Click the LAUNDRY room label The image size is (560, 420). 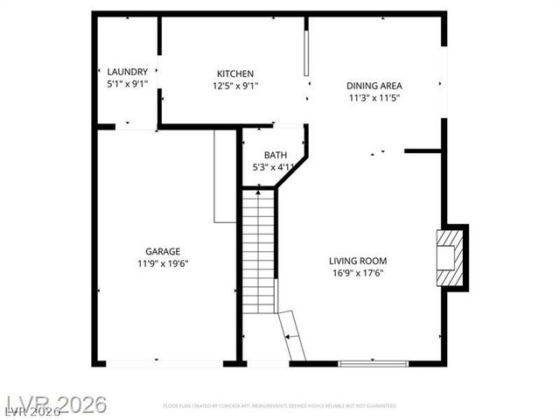[127, 72]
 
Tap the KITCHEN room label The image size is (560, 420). [235, 73]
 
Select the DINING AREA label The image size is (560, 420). [374, 86]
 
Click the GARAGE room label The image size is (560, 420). [163, 250]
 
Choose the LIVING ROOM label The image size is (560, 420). [357, 261]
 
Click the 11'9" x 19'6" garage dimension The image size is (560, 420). [163, 263]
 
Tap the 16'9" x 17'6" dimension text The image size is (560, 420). [357, 273]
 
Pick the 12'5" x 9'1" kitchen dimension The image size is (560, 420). [235, 86]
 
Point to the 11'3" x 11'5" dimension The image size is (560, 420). [374, 98]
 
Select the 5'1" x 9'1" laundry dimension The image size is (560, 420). [127, 85]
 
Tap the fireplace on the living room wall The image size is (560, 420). [451, 256]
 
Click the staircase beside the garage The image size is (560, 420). [258, 252]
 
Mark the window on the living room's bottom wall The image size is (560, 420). [374, 362]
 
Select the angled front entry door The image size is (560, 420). [291, 335]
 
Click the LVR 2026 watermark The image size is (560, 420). [54, 404]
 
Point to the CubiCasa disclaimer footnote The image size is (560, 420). [279, 406]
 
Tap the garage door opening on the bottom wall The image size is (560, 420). [164, 362]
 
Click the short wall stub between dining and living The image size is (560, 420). [423, 151]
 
